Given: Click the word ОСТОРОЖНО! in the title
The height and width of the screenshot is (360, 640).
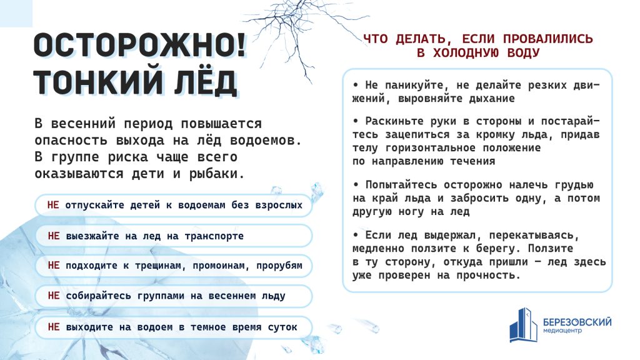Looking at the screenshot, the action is point(140,46).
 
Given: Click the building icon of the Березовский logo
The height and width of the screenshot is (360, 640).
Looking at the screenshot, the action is point(523,325).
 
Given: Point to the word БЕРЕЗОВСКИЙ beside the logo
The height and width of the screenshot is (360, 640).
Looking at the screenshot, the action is point(577,322).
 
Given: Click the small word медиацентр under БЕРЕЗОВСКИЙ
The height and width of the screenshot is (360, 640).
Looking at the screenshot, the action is point(562,331).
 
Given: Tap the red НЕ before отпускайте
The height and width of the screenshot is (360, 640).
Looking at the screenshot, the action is point(53,205).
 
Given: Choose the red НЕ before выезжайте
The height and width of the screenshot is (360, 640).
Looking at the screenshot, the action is point(54,236).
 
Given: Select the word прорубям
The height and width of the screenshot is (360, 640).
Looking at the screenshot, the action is point(279,266).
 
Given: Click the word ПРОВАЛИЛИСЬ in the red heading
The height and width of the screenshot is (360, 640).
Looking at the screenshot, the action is point(547,39).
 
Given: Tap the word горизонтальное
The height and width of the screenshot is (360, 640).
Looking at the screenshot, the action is point(430,147).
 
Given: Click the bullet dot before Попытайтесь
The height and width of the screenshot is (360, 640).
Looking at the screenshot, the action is point(356,184).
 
